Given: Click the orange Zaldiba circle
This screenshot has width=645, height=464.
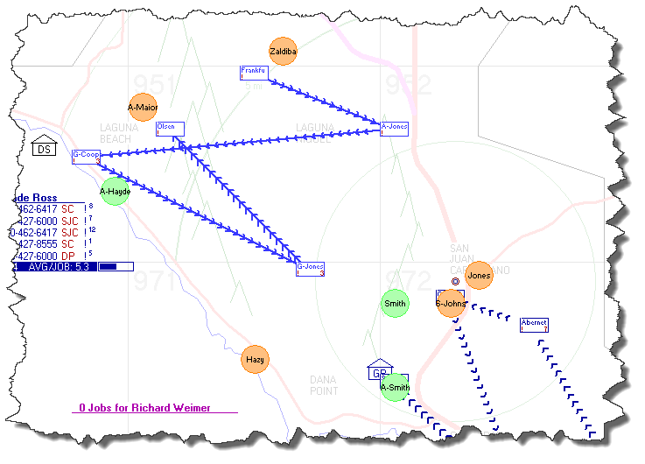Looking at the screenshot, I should (283, 53).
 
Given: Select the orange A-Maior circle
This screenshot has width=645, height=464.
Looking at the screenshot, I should (142, 108).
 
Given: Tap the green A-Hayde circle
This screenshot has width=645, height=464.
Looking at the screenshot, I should (115, 191).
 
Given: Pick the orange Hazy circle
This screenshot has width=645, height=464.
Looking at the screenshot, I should (255, 359).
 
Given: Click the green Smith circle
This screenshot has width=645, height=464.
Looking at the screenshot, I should (395, 305).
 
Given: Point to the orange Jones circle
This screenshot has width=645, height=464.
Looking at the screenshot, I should (479, 276).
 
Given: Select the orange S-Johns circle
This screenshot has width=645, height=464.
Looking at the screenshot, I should (451, 304).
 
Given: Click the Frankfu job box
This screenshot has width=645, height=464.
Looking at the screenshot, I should (254, 73).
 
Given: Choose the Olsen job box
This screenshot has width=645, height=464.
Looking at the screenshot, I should (170, 129).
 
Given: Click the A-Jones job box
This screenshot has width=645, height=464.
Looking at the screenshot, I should (394, 128).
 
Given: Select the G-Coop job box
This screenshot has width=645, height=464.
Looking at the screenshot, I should (86, 156).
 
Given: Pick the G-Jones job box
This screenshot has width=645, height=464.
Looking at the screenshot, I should (311, 268).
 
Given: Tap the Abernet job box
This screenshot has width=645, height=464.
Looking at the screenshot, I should (534, 324).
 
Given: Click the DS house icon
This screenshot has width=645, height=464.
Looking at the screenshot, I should (44, 146).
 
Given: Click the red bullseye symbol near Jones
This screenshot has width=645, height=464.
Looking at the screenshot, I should (455, 282).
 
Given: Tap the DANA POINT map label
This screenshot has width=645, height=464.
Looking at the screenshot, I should (324, 385).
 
